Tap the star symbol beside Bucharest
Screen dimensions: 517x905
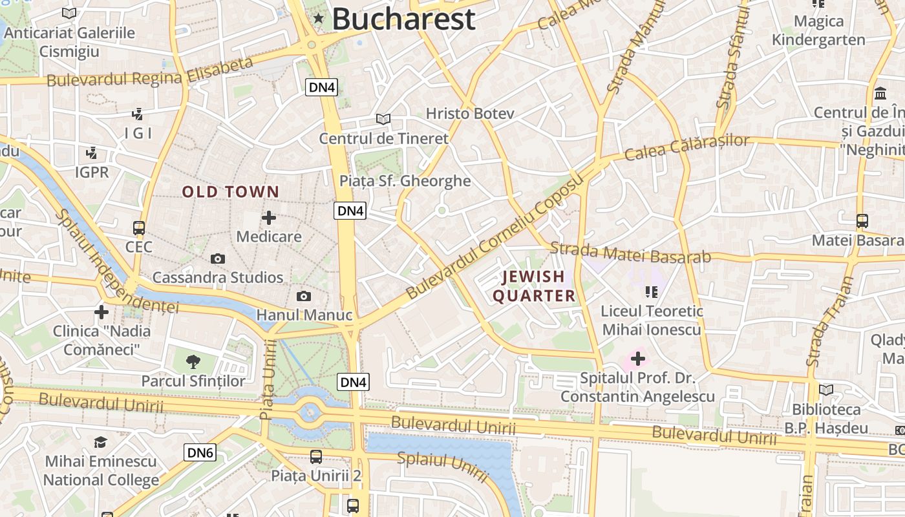(x=318, y=19)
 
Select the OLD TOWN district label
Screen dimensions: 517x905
(x=230, y=192)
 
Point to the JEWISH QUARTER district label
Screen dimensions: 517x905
(x=534, y=286)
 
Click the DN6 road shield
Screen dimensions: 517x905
(x=200, y=452)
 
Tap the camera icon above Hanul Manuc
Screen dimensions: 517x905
(x=303, y=297)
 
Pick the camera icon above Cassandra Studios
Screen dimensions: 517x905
(x=218, y=259)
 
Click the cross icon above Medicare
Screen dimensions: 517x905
(x=269, y=218)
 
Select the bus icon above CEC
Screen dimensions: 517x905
(x=139, y=228)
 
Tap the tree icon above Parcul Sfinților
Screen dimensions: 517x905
(x=193, y=361)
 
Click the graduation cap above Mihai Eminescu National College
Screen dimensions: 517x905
(x=101, y=442)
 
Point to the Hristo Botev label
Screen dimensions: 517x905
(x=470, y=114)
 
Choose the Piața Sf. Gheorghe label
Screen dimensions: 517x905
(x=405, y=181)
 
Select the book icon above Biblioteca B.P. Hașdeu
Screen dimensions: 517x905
(x=826, y=390)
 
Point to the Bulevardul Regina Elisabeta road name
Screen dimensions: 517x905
(x=150, y=72)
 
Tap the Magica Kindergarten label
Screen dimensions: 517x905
(x=818, y=30)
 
